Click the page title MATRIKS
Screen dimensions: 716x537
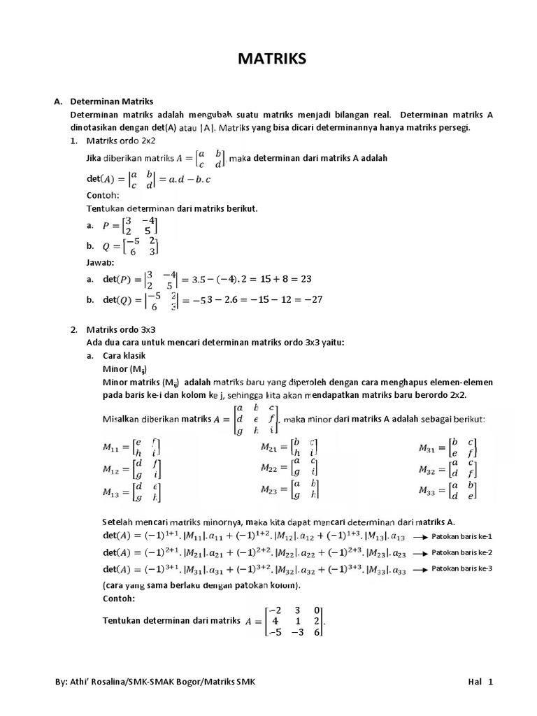[268, 59]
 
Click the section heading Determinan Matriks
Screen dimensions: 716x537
[112, 101]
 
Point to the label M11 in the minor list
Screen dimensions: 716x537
[113, 447]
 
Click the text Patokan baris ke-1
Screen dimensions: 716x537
[462, 536]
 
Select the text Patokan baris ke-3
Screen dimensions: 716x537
[462, 568]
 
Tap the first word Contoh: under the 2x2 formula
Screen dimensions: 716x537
[103, 195]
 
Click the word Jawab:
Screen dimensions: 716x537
[101, 263]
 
